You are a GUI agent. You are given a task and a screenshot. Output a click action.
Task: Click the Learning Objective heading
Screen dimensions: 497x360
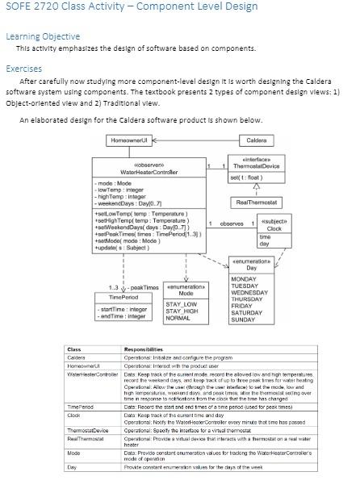click(x=43, y=36)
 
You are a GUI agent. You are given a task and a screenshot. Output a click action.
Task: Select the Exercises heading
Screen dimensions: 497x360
click(x=24, y=69)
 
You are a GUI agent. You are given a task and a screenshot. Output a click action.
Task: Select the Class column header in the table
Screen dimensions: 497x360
click(x=73, y=349)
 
